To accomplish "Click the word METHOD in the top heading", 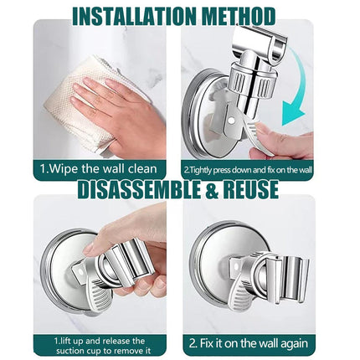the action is click(239, 16).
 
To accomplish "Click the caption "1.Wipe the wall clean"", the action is click(99, 169).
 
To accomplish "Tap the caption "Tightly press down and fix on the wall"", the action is click(250, 170).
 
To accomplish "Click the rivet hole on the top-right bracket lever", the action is click(231, 120).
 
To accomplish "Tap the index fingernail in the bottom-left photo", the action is click(89, 248).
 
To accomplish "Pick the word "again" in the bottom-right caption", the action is click(294, 344).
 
